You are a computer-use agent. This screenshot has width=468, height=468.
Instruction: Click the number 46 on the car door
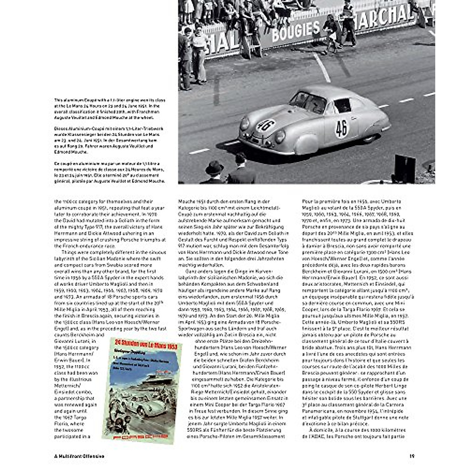tap(341, 128)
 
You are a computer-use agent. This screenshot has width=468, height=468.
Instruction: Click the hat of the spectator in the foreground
tap(214, 168)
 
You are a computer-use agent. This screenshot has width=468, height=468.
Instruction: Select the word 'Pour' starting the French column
tap(308, 202)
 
